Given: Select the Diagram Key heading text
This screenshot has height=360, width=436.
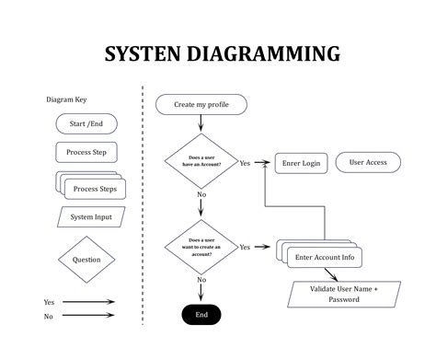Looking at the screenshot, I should point(67,99).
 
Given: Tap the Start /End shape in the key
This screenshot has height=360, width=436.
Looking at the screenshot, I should point(86,123).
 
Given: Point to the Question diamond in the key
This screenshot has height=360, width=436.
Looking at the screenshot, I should point(86,260).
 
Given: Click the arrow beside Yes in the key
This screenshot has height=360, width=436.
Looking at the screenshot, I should point(89,301).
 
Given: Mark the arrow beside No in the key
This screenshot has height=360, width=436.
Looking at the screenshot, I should point(89,317).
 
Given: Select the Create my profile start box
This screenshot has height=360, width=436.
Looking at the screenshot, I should point(201,105).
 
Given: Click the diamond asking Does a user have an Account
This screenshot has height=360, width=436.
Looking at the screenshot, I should point(201,162).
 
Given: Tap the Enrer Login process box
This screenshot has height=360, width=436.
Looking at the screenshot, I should point(301,164).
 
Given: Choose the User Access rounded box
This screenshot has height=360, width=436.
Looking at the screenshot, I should point(367,163).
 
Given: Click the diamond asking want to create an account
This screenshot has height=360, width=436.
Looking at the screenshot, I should point(201,247).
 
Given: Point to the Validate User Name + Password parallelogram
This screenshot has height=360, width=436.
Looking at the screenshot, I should point(343,294).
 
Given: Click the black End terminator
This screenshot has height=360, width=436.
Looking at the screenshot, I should point(201,314).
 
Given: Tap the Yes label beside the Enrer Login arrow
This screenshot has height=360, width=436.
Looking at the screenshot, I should point(245,164).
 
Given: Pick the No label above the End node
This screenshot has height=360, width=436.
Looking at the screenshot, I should point(201,280).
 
